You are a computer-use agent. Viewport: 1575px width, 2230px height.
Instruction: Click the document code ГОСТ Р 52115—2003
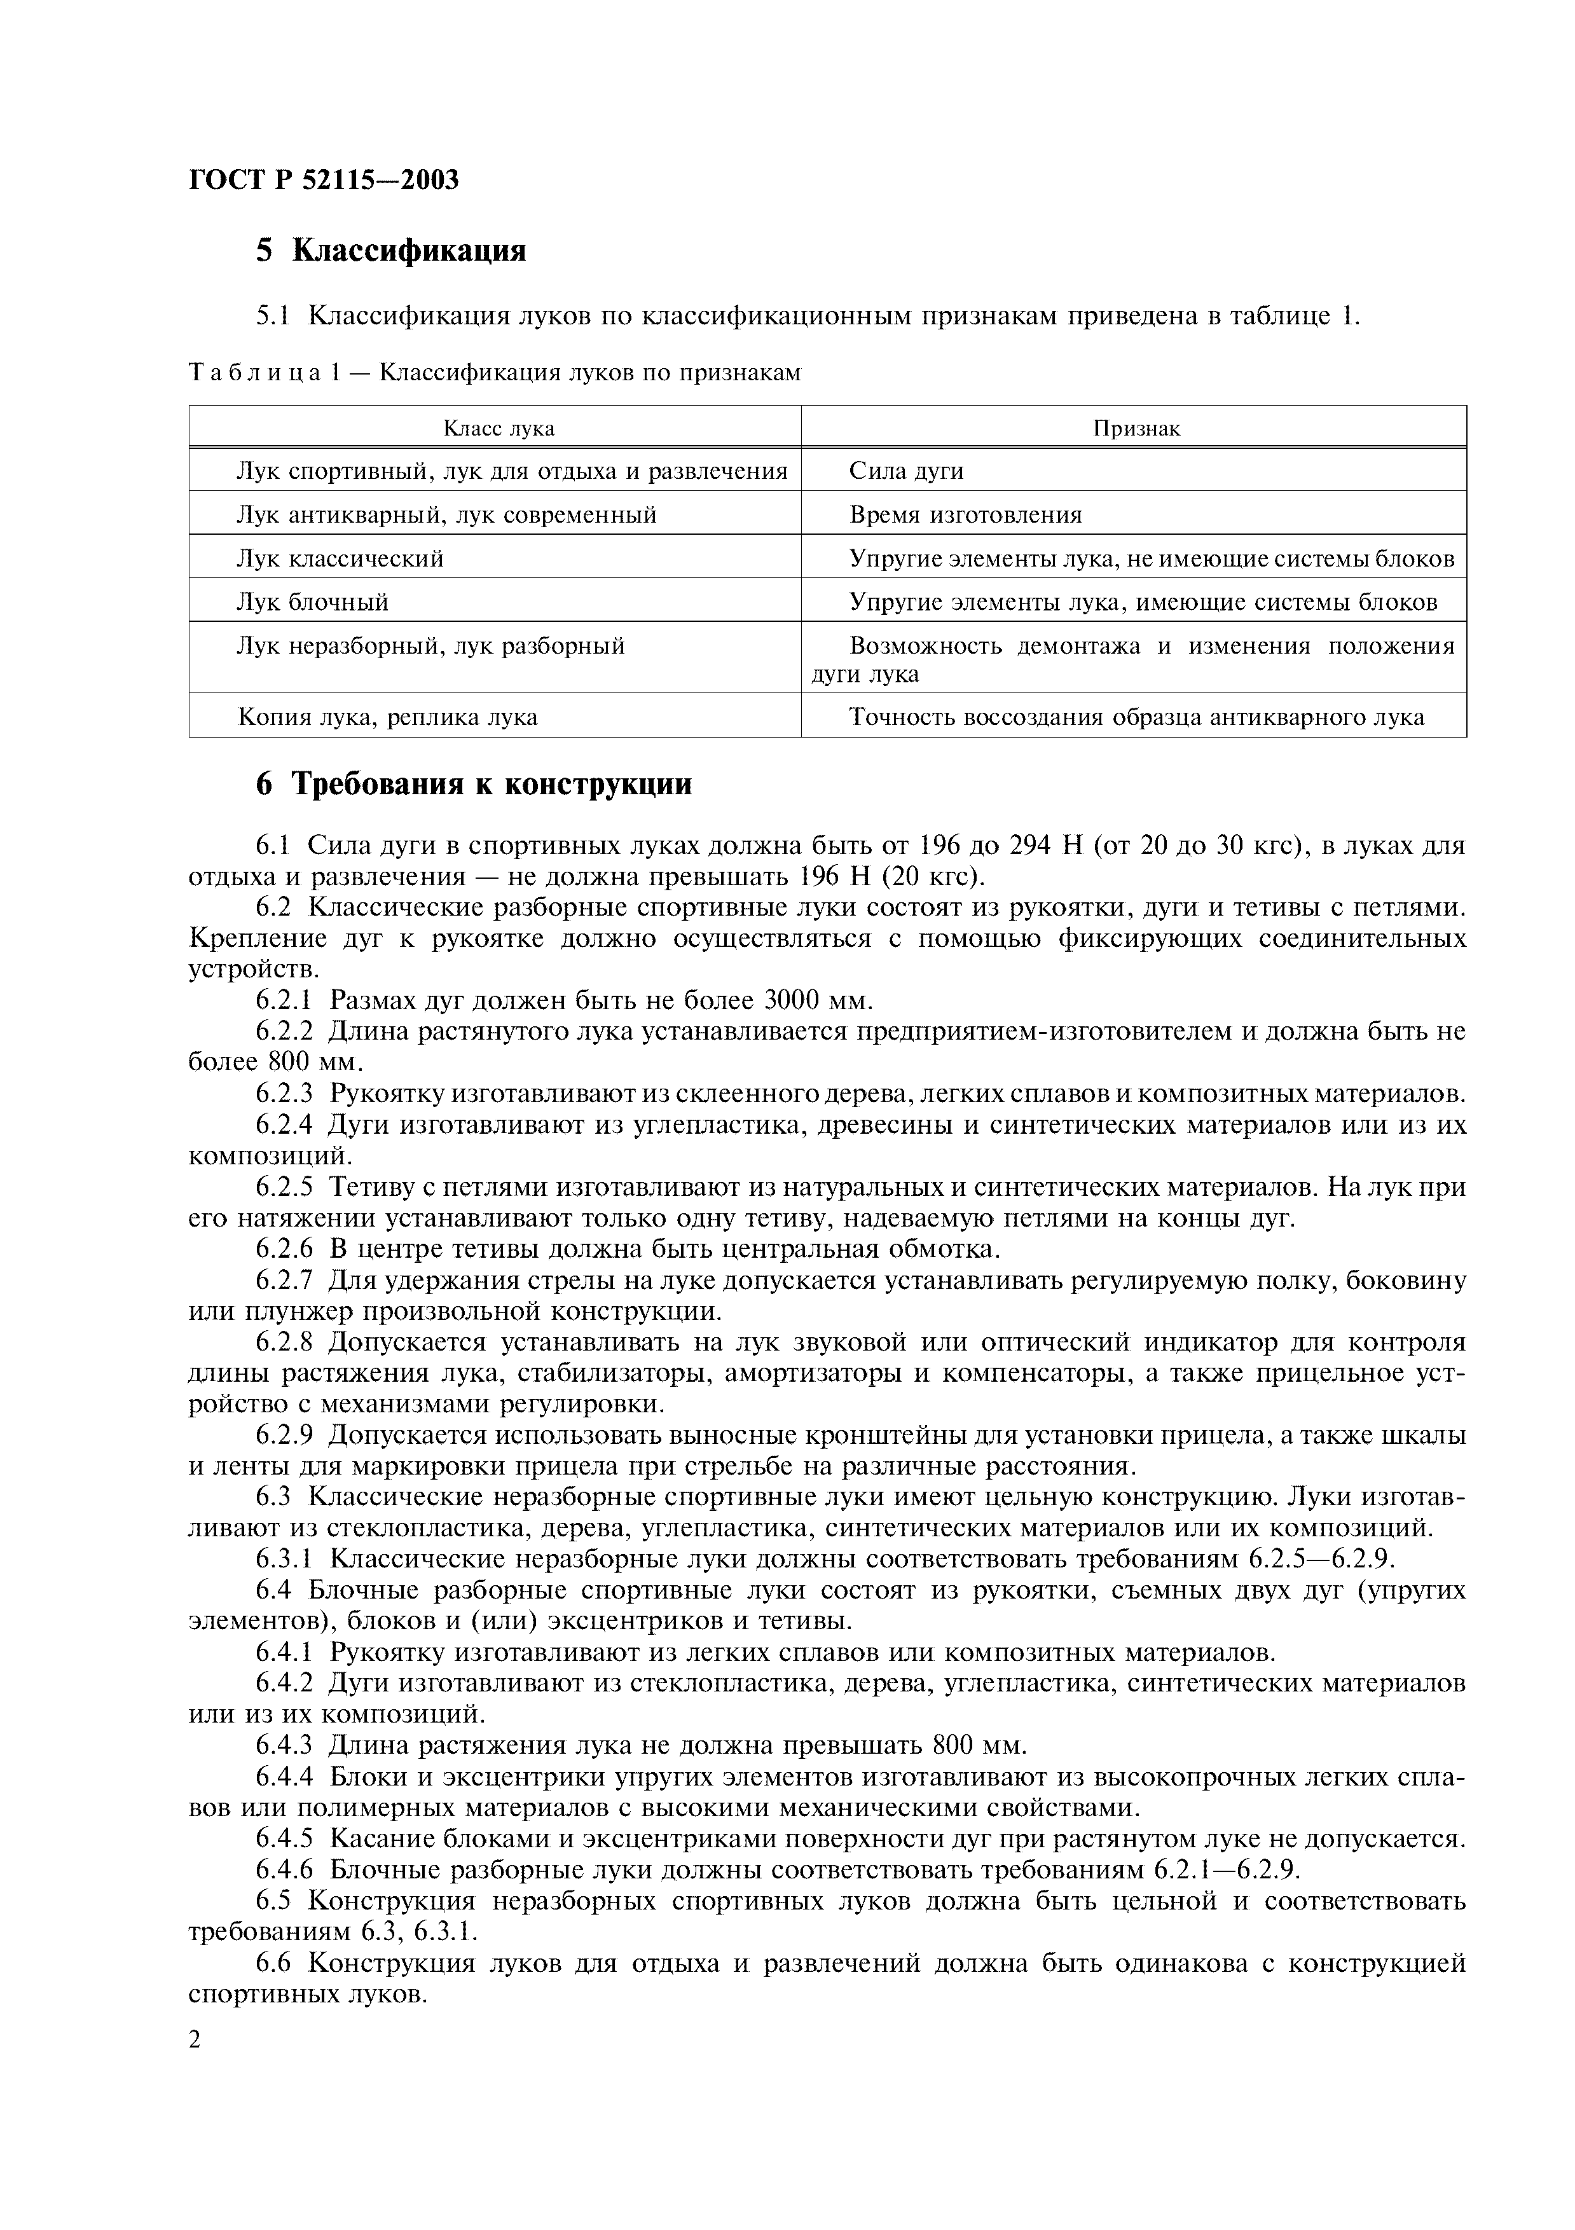point(324,181)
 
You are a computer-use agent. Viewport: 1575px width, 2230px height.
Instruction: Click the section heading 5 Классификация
point(390,251)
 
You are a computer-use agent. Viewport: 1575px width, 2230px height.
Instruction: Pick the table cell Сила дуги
point(906,471)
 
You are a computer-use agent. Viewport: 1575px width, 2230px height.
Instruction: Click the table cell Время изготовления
point(965,515)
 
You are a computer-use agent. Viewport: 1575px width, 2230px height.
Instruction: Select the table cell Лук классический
point(340,558)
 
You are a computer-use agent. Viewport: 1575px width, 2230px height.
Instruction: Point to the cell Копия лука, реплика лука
point(387,717)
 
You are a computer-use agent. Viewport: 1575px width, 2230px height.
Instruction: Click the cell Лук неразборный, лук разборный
point(430,646)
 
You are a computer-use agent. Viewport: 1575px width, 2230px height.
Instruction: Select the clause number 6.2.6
point(284,1248)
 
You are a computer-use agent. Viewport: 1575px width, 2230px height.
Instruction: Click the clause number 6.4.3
point(284,1745)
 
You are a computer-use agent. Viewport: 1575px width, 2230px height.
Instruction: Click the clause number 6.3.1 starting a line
point(284,1559)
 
